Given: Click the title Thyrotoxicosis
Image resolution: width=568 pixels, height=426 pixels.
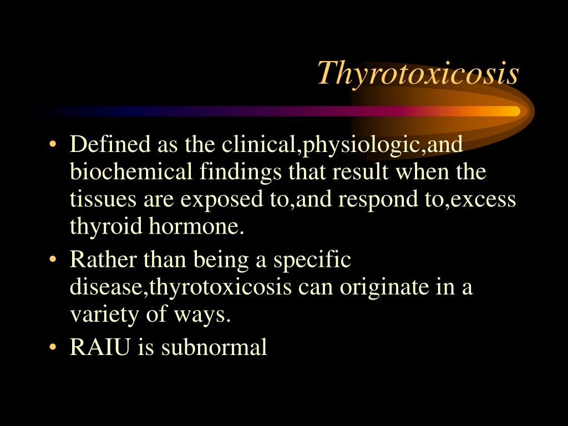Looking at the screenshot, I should (418, 73).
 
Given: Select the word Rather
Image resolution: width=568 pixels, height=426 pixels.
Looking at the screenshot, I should (96, 260).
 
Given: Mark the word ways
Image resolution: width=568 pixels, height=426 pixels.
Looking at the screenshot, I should (209, 315).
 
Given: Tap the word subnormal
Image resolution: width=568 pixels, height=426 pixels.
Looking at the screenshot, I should (214, 348).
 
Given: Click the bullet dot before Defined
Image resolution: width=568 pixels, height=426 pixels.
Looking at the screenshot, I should (53, 146).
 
